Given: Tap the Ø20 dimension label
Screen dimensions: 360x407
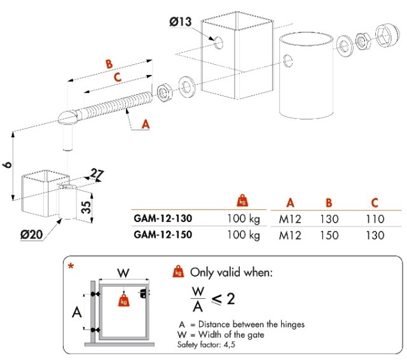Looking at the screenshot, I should click(31, 234).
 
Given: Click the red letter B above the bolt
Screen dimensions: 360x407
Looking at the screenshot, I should click(109, 64).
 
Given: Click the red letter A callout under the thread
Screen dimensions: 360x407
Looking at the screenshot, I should click(145, 125).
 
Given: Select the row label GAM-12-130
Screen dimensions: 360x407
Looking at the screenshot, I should click(163, 218).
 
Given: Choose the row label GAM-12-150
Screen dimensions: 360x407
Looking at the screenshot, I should click(163, 234).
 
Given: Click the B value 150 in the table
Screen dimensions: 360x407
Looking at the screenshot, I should click(329, 235).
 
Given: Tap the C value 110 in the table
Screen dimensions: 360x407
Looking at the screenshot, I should click(375, 219).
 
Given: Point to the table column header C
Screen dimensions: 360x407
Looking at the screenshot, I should click(375, 203).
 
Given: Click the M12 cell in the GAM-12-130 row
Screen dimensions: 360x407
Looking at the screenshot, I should click(290, 219).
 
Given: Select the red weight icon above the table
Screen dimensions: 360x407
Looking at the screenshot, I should click(242, 201).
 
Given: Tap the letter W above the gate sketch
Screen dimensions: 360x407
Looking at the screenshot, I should click(125, 273).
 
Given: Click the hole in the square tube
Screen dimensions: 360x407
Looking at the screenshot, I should click(217, 43).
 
